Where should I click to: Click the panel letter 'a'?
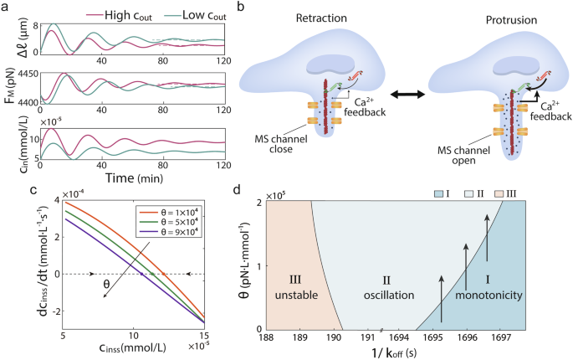tap(5, 7)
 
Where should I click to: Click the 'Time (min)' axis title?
tap(137, 177)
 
